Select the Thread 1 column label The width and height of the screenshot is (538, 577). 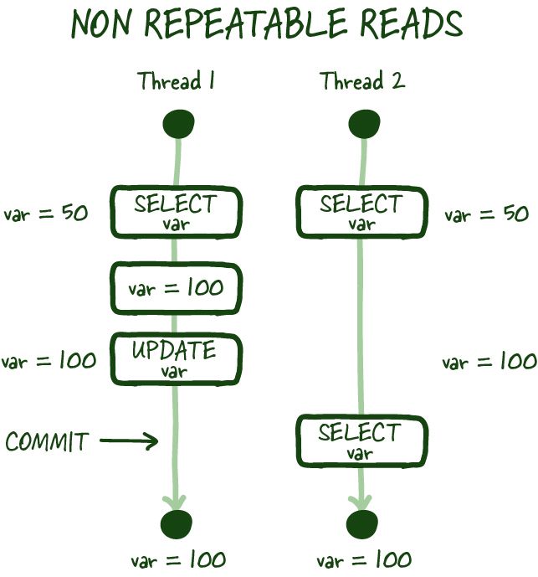point(177,82)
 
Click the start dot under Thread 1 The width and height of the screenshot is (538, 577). point(178,126)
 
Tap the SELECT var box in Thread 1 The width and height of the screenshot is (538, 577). point(176,211)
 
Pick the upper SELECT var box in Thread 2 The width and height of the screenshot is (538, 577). point(361,211)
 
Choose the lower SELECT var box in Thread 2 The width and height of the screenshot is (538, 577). point(361,440)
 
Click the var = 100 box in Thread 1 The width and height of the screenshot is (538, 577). point(176,288)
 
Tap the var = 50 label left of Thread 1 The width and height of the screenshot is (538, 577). point(46,214)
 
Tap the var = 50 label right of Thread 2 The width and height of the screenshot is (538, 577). point(486,215)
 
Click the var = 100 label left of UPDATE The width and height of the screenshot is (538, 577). point(49,361)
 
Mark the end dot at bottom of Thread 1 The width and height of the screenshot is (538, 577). point(177,525)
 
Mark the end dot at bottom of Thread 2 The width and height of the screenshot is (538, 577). point(361,525)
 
